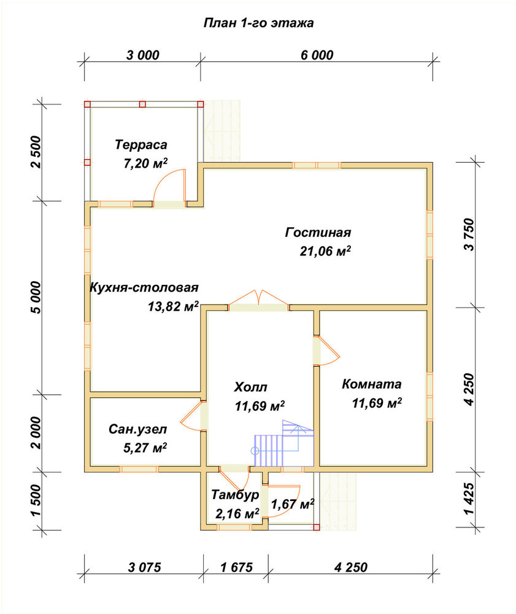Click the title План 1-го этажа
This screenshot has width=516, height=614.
point(258,23)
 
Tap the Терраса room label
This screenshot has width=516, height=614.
point(141,144)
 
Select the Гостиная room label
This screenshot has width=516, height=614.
point(318,232)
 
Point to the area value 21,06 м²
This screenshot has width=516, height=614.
point(325,251)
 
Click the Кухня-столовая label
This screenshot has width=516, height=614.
point(144,287)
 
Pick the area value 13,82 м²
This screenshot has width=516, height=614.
point(173,306)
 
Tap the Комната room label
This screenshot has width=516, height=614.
point(372,384)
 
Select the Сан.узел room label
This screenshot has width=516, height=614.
point(137,429)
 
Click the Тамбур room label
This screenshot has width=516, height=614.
point(235,494)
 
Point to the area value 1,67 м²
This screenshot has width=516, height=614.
point(293,504)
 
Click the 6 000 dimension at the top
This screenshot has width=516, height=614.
point(317,55)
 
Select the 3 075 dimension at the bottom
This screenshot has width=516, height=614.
point(144,567)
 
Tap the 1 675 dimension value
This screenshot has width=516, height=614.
point(237,567)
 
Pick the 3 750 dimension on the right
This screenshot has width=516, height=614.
point(469,235)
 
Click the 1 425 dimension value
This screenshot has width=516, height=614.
point(469,499)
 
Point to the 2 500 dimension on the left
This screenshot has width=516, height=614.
point(36,152)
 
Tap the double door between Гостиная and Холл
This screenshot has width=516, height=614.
point(258,298)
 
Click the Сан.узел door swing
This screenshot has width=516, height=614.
point(191,416)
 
